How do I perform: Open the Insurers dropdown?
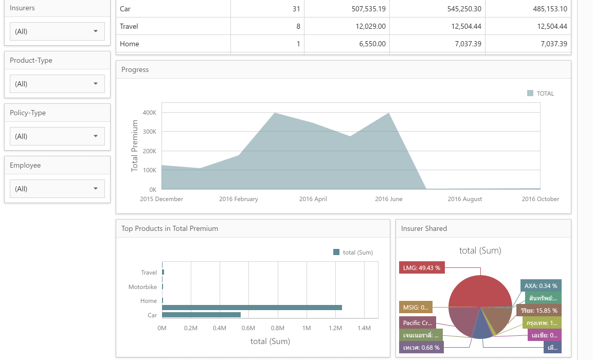coord(57,31)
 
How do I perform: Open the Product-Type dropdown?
coord(57,84)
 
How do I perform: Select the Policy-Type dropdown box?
coord(57,136)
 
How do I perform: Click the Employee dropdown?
coord(57,189)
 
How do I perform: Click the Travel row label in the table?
coord(129,26)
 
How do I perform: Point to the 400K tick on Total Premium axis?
coord(150,113)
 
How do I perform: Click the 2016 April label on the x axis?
coord(313,199)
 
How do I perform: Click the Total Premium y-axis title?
coord(135,146)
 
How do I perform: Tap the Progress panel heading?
coord(135,70)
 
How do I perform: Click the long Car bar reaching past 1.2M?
coord(252,308)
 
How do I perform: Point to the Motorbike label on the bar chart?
coord(142,287)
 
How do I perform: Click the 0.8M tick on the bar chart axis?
coord(278,328)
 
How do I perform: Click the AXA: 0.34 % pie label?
coord(541,285)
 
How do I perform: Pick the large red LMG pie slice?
coord(478,291)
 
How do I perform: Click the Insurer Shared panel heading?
coord(424,228)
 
